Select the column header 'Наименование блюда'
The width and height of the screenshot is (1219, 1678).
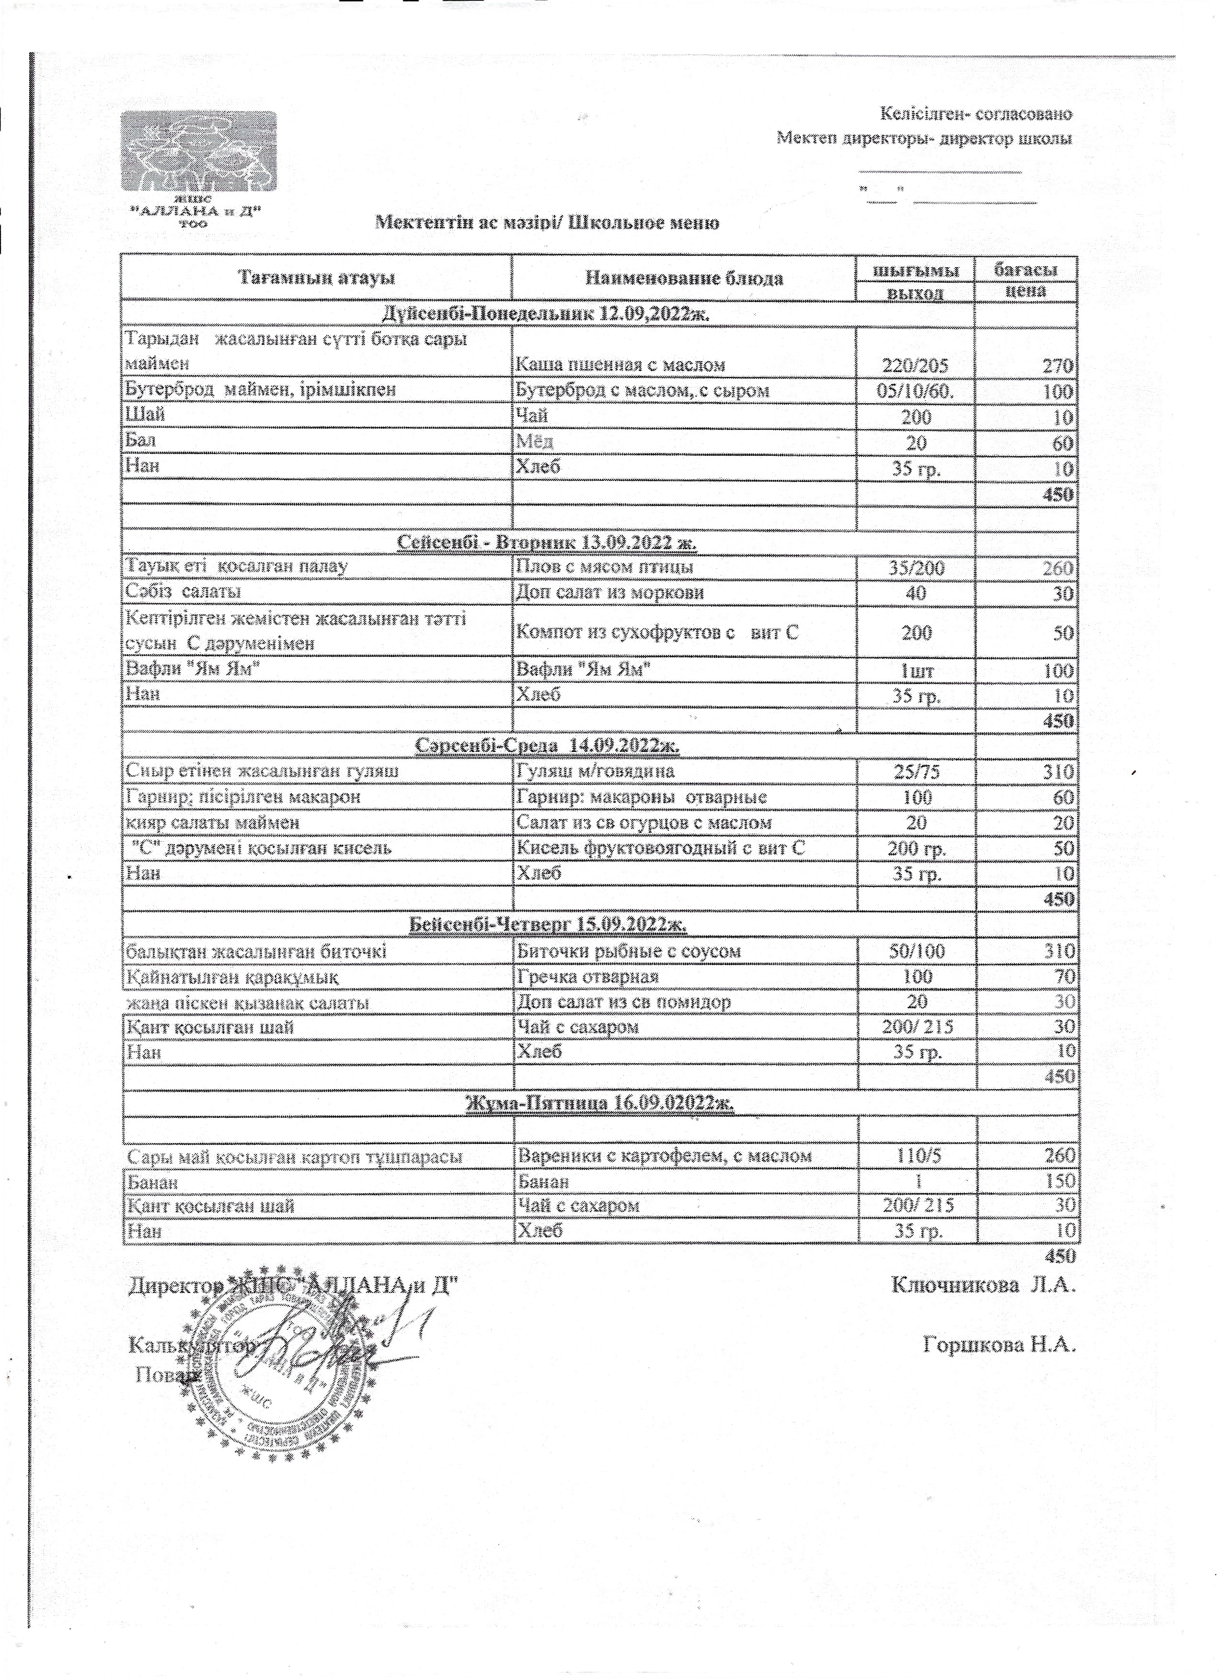[x=684, y=278]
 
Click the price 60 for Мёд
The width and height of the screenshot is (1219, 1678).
[x=1063, y=443]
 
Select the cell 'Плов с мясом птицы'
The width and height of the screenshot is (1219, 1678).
[x=604, y=567]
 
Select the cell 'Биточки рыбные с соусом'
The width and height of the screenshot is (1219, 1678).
[x=628, y=952]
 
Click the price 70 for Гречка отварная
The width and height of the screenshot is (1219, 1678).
[x=1064, y=976]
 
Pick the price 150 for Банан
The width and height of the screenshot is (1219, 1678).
[x=1060, y=1181]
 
